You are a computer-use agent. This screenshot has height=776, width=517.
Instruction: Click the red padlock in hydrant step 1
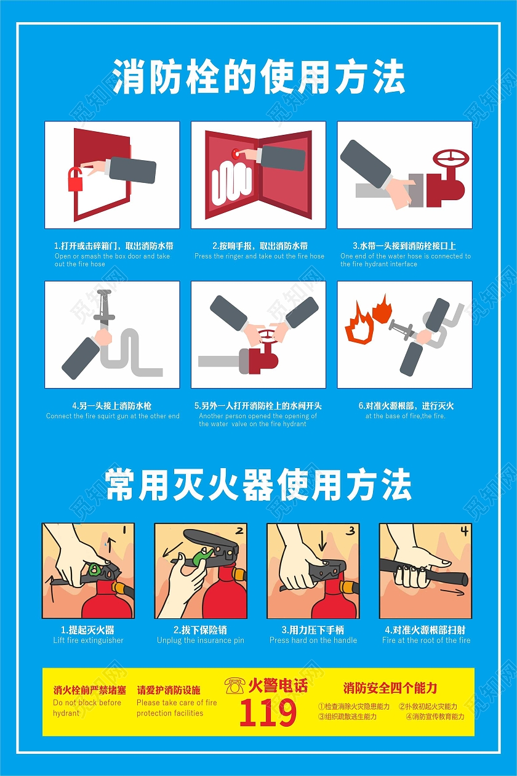(x=76, y=179)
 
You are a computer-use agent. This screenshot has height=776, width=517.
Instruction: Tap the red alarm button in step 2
(x=234, y=153)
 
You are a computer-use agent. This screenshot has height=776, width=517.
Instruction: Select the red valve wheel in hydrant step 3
(x=451, y=158)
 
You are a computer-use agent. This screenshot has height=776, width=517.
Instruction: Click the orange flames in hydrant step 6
(x=368, y=320)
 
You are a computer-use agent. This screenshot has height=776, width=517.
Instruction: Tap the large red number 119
(x=268, y=714)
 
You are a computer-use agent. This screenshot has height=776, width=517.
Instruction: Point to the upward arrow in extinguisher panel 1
(x=110, y=543)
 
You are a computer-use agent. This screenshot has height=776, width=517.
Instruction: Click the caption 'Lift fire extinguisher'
(x=88, y=641)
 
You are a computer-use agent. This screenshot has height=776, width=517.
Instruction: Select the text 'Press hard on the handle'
(x=313, y=641)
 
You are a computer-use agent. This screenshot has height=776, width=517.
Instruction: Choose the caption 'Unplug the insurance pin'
(x=200, y=641)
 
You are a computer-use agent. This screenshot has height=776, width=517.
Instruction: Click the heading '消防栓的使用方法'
(x=258, y=78)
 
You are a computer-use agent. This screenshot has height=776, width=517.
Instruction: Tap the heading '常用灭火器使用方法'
(x=258, y=485)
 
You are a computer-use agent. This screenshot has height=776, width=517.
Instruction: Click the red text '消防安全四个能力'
(x=390, y=688)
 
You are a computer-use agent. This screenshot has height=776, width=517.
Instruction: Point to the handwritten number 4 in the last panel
(x=463, y=531)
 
